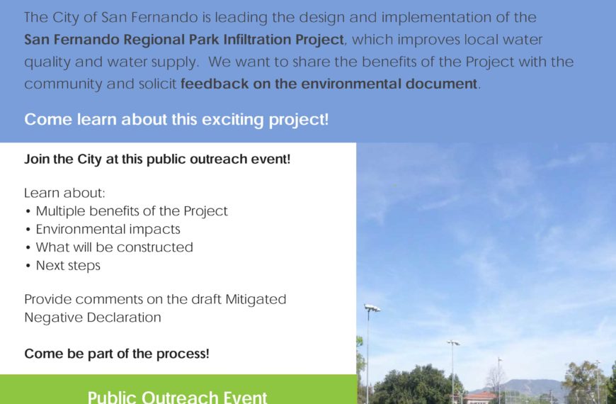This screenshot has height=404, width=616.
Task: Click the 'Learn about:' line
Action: click(x=65, y=193)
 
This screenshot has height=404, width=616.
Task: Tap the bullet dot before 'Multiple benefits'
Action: click(x=28, y=212)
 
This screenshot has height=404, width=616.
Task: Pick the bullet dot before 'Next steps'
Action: click(x=28, y=266)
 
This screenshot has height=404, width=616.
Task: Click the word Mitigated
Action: click(x=256, y=299)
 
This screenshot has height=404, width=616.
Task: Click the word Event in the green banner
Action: click(x=246, y=396)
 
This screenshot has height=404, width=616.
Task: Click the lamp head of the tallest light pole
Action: click(x=372, y=308)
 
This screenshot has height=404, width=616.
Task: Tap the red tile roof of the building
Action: click(x=479, y=395)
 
